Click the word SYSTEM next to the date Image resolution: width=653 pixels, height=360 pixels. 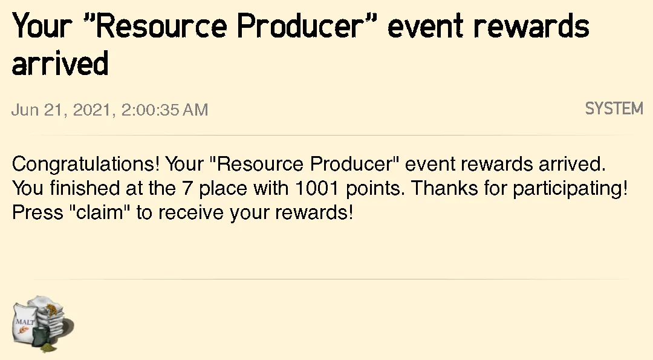[614, 109]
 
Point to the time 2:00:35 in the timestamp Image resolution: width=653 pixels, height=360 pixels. [149, 110]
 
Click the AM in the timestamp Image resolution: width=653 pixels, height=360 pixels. [195, 110]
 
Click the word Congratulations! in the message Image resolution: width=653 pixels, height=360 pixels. [85, 164]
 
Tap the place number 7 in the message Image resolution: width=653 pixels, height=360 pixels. [187, 188]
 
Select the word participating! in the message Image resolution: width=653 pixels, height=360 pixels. [570, 189]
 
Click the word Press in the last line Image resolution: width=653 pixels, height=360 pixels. [37, 212]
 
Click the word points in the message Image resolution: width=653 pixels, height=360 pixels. [374, 189]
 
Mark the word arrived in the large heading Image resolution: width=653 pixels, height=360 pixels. [60, 64]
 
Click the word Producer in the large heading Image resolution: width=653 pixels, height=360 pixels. [301, 26]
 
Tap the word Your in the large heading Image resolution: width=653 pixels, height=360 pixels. [41, 26]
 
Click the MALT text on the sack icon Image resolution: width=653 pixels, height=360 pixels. [25, 322]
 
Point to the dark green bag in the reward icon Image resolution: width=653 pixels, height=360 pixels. [42, 337]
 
